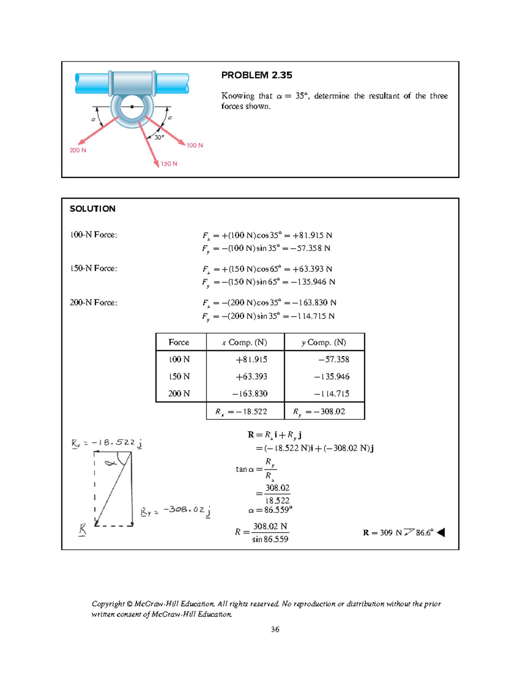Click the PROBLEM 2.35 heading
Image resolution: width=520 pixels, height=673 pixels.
point(257,75)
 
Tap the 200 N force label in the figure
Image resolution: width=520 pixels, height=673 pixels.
point(78,150)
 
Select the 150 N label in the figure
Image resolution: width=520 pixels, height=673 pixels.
point(169,164)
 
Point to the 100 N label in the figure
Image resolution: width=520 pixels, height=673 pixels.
point(195,146)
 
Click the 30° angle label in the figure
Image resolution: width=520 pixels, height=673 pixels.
point(159,137)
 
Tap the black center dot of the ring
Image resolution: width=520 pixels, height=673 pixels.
point(132,107)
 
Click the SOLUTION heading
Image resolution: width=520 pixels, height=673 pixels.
point(93,209)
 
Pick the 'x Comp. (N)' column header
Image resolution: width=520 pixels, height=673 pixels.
point(245,342)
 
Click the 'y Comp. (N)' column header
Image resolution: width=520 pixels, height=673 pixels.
point(324,342)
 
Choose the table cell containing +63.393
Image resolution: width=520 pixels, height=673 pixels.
point(251,377)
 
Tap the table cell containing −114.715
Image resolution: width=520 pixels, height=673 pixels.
point(332,394)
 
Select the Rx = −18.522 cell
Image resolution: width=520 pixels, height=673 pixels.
point(242,412)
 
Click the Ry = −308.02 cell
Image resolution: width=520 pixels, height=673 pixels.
point(319,412)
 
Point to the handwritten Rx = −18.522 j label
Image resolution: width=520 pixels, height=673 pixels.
point(107,443)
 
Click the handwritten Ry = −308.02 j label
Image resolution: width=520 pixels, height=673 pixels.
point(176,511)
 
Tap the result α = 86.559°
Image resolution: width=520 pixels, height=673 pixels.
point(270,510)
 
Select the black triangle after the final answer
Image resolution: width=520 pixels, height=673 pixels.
point(441,533)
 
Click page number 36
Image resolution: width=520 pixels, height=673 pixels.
point(275,630)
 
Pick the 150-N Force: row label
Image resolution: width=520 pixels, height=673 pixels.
point(94,269)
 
